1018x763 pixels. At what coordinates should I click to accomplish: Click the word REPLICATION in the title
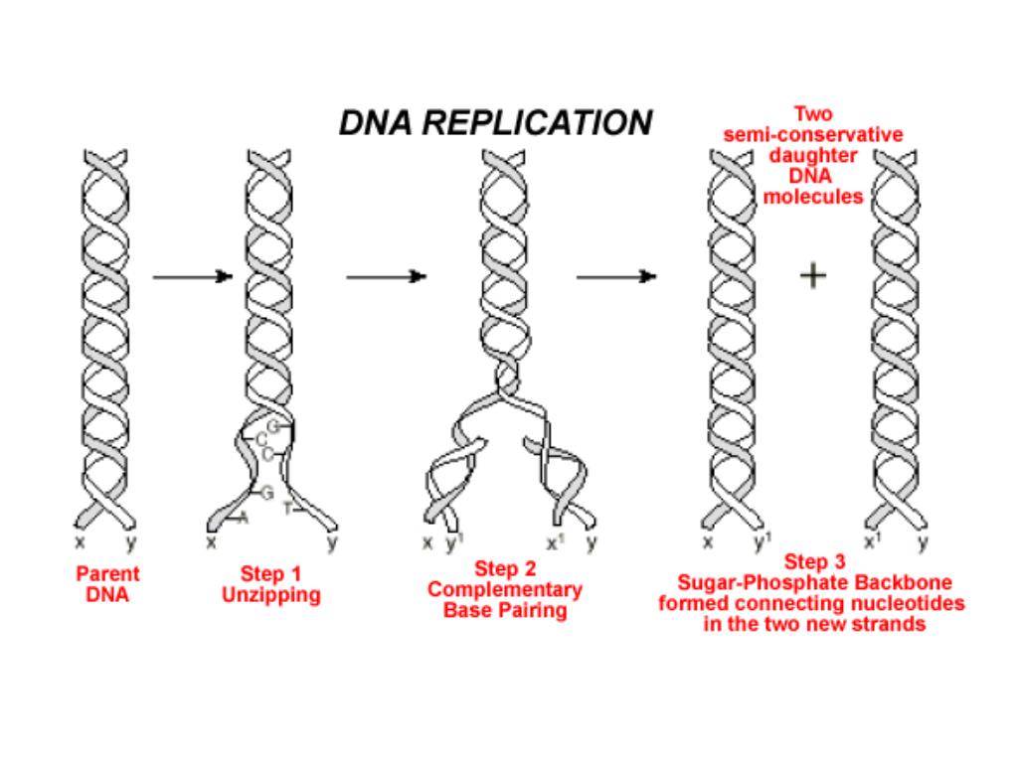pyautogui.click(x=537, y=122)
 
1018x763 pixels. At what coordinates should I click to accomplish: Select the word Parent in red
pyautogui.click(x=107, y=573)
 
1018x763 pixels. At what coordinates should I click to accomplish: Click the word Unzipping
pyautogui.click(x=271, y=596)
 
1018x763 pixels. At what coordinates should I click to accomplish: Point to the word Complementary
pyautogui.click(x=505, y=590)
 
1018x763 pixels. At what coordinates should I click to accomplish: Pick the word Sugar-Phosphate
pyautogui.click(x=747, y=582)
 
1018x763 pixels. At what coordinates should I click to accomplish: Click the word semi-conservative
pyautogui.click(x=813, y=134)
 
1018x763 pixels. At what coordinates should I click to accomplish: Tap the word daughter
pyautogui.click(x=813, y=156)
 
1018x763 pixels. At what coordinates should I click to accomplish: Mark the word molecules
pyautogui.click(x=813, y=197)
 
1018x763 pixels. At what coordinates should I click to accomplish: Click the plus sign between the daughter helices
pyautogui.click(x=813, y=276)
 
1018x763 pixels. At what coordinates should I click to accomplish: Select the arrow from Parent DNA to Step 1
pyautogui.click(x=192, y=277)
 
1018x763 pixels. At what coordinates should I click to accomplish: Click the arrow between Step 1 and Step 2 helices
pyautogui.click(x=386, y=277)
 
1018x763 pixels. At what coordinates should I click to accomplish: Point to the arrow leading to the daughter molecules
pyautogui.click(x=616, y=277)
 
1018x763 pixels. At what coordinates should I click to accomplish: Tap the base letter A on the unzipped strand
pyautogui.click(x=245, y=518)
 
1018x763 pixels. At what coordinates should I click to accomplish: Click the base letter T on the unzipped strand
pyautogui.click(x=287, y=510)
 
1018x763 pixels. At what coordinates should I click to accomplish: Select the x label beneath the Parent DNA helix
pyautogui.click(x=81, y=542)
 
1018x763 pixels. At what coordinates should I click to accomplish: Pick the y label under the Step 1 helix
pyautogui.click(x=332, y=542)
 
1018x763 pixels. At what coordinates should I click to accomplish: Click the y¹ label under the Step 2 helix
pyautogui.click(x=453, y=542)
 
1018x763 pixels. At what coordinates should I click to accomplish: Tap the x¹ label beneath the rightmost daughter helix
pyautogui.click(x=872, y=541)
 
